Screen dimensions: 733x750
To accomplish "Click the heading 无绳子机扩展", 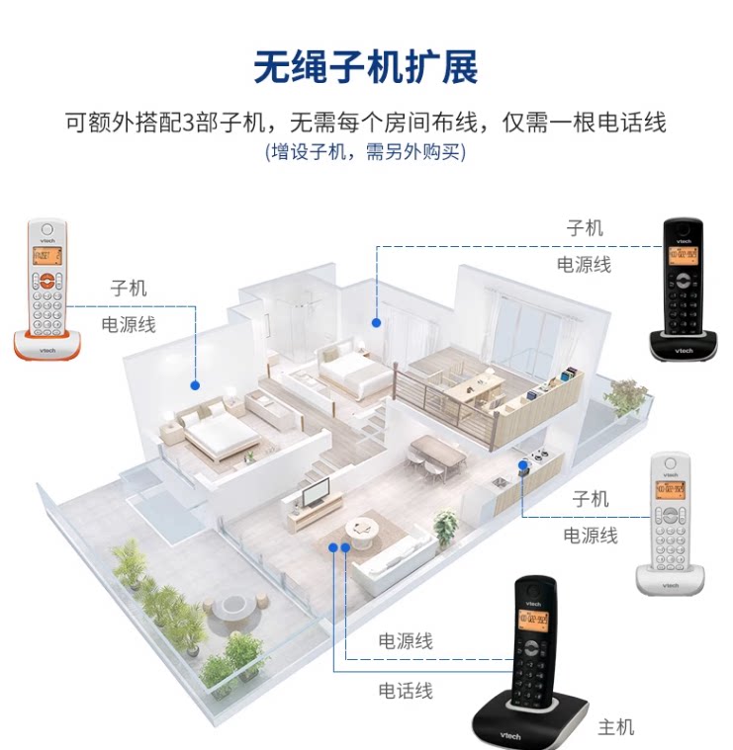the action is (366, 67).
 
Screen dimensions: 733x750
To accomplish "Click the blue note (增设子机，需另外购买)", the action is (365, 152).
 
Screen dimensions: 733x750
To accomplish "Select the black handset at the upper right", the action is (684, 287).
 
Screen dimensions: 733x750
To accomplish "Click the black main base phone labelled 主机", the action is (533, 662).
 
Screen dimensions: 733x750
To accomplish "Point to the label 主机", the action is (615, 728).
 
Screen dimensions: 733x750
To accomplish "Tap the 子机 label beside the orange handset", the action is (129, 288).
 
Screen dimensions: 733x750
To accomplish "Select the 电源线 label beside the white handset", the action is (591, 536).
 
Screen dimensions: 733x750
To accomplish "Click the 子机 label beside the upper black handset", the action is (585, 228).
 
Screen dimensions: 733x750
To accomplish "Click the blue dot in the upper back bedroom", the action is (376, 321).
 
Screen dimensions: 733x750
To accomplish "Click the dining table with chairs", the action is (436, 453).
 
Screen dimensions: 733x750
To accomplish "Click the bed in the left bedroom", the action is (220, 435).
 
